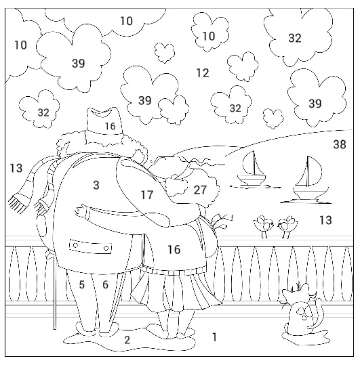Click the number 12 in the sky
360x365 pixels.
[203, 73]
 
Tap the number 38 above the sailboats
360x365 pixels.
[340, 144]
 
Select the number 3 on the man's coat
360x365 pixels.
[96, 186]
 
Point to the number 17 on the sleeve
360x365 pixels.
[147, 194]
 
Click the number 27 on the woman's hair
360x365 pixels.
[200, 190]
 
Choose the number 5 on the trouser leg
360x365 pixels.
[81, 284]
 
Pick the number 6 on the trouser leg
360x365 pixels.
[105, 284]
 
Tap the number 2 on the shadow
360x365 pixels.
[127, 341]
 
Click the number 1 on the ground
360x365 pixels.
[215, 337]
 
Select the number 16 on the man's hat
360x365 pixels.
[111, 127]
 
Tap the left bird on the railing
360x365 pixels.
[264, 226]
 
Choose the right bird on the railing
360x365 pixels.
[287, 226]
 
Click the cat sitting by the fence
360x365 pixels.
[300, 309]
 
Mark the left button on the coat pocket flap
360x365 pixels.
[75, 245]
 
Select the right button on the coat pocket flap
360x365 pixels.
[106, 248]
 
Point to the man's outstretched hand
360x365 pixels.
[81, 211]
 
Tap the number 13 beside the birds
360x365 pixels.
[325, 220]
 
